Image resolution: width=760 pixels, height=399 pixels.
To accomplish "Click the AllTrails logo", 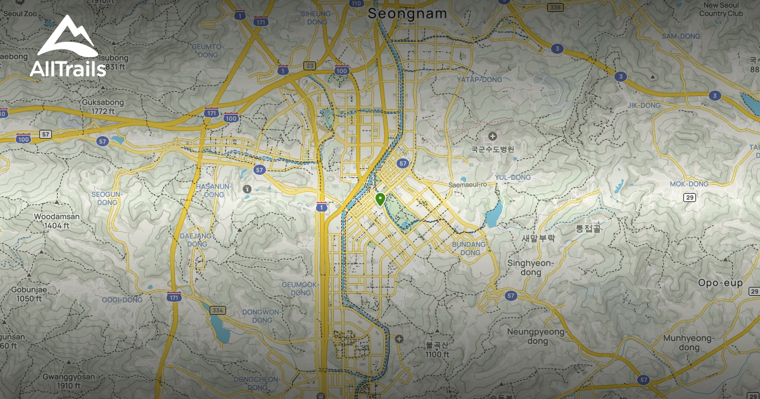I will tap(67, 47).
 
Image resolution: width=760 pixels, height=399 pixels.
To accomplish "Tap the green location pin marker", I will tap(380, 199).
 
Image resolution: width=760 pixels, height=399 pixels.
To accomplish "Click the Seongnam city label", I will tap(407, 13).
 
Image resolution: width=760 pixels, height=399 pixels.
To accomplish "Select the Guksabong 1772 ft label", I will tap(103, 106).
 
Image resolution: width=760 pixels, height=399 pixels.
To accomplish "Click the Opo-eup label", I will tap(720, 282).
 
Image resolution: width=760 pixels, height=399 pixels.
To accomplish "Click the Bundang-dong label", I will tap(471, 248).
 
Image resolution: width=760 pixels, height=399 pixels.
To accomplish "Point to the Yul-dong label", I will tap(512, 177).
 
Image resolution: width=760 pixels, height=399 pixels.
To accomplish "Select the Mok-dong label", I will tap(689, 184).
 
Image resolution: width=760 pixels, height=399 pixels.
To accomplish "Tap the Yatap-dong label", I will tap(479, 80).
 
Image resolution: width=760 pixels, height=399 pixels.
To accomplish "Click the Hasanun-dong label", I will tap(214, 190).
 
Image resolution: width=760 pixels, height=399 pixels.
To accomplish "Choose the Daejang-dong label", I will tap(197, 239).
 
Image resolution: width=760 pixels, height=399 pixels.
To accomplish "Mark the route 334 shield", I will tap(218, 310).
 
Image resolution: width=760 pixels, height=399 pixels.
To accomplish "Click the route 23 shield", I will tap(310, 65).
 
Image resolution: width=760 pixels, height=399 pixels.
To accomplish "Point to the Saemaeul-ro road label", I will tap(466, 185).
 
